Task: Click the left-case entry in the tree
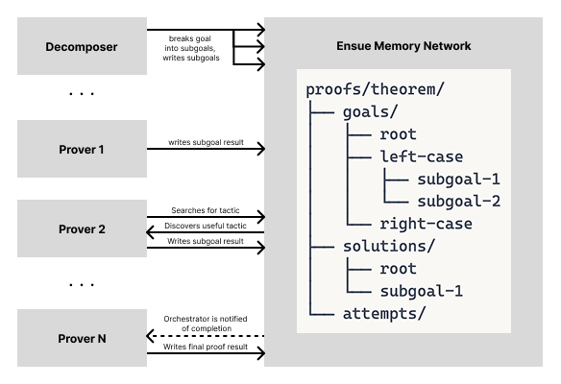(421, 156)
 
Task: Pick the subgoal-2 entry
(459, 201)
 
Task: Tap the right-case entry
(426, 223)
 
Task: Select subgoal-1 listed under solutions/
(421, 291)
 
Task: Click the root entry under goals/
(398, 134)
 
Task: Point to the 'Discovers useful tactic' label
(204, 226)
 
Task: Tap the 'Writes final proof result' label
(204, 346)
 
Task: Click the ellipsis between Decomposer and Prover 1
(81, 94)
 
